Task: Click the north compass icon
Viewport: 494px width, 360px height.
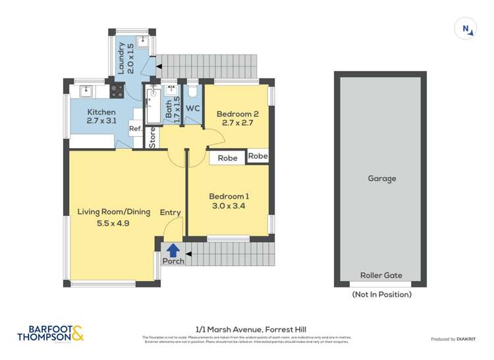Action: pos(466,28)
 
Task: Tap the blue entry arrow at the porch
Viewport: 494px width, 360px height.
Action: pos(173,250)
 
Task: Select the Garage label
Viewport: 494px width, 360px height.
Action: pos(383,178)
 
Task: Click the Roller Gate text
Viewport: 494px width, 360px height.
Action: pos(381,276)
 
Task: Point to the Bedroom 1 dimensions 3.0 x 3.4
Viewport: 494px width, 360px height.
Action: pos(229,207)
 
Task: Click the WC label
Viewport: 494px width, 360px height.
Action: pos(193,109)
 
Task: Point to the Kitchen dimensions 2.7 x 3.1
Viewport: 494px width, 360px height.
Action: pos(101,122)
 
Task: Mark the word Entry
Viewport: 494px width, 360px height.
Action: pos(170,212)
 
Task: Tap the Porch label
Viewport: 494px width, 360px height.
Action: pos(173,261)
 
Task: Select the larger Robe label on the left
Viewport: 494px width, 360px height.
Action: pos(228,158)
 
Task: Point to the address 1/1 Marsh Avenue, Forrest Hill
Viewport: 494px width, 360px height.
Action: pos(251,329)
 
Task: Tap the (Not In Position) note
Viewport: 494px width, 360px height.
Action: pos(382,294)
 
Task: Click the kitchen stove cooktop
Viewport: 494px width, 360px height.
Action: pos(117,90)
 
